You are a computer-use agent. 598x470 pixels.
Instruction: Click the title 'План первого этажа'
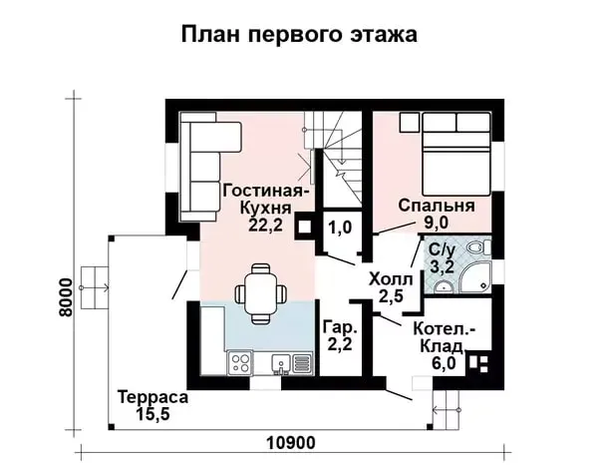tap(299, 35)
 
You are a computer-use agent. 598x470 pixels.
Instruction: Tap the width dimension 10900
tap(291, 443)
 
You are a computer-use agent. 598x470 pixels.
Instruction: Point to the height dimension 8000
tap(66, 297)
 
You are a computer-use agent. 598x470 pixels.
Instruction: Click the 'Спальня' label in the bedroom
tap(437, 206)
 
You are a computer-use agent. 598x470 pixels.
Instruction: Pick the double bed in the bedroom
tap(456, 154)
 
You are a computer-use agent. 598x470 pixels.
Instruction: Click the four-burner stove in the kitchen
tap(240, 363)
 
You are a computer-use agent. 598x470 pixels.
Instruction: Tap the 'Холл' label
tap(391, 279)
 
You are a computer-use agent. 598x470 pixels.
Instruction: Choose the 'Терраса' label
tap(152, 397)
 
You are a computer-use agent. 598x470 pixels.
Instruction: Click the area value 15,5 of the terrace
tap(152, 413)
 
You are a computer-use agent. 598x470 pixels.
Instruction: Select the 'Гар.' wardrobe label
tap(340, 327)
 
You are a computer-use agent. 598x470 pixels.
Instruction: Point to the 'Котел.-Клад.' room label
tap(444, 337)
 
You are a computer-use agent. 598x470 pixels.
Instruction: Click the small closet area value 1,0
tap(340, 228)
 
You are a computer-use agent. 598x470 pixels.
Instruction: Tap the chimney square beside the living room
tap(304, 227)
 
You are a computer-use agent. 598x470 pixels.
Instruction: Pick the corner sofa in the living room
tap(210, 167)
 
